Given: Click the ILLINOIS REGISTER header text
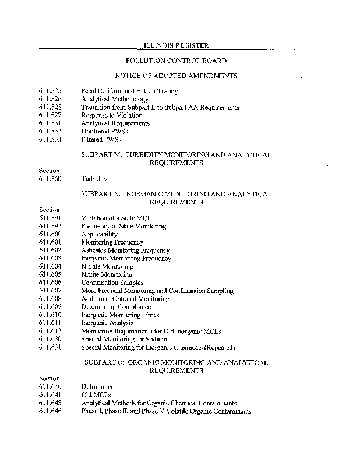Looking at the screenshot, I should click(x=176, y=45).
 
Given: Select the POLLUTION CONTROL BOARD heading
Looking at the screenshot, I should click(x=176, y=61).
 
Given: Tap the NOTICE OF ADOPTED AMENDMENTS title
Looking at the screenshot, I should click(x=176, y=76).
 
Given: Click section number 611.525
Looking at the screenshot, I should click(x=50, y=91).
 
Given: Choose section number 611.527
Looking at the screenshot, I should click(x=50, y=115).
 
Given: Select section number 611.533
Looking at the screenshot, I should click(x=50, y=140).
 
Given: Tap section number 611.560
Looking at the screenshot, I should click(x=50, y=179).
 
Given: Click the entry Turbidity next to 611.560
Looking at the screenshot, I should click(x=94, y=179).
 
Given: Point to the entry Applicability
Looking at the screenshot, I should click(x=99, y=234).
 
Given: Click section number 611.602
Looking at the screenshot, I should click(x=50, y=250).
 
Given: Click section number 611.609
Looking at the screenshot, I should click(x=50, y=306).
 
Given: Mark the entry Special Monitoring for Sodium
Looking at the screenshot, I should click(x=124, y=339).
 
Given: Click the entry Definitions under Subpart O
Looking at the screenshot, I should click(x=97, y=386).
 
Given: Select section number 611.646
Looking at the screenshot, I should click(x=50, y=411).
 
